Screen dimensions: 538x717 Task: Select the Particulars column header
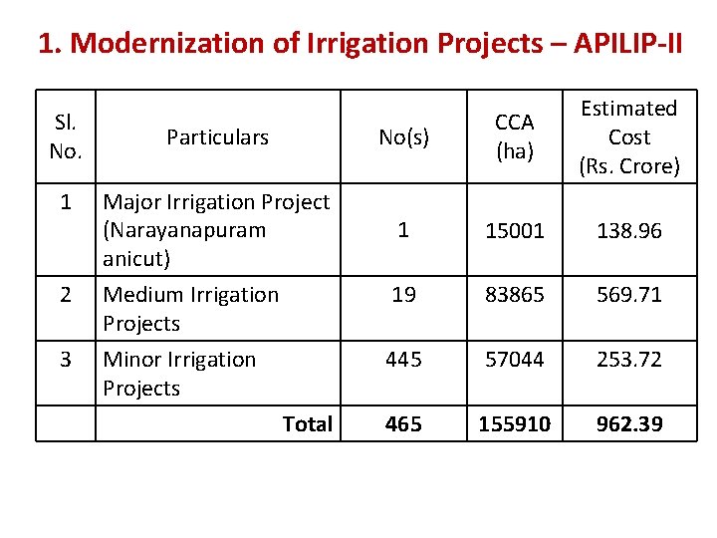pyautogui.click(x=217, y=137)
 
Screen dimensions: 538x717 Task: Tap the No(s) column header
pyautogui.click(x=403, y=137)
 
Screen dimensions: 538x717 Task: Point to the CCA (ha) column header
pyautogui.click(x=515, y=137)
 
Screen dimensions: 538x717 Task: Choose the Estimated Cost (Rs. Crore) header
pyautogui.click(x=629, y=137)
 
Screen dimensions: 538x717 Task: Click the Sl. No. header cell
pyautogui.click(x=66, y=137)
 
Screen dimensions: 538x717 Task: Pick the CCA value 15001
pyautogui.click(x=515, y=231)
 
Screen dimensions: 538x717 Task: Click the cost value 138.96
pyautogui.click(x=629, y=231)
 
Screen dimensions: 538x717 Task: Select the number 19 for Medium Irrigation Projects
pyautogui.click(x=403, y=295)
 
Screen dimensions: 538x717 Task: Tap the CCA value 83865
pyautogui.click(x=515, y=295)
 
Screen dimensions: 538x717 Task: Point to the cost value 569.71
pyautogui.click(x=629, y=295)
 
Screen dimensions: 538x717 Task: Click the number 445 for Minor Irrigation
pyautogui.click(x=403, y=360)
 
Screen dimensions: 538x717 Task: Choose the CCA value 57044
pyautogui.click(x=515, y=360)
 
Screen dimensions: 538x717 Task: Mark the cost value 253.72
pyautogui.click(x=629, y=360)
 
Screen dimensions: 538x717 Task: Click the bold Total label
pyautogui.click(x=307, y=424)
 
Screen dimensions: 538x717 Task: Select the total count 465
pyautogui.click(x=403, y=424)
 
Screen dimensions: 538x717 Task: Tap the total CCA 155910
pyautogui.click(x=515, y=424)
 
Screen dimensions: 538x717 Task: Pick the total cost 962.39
pyautogui.click(x=629, y=424)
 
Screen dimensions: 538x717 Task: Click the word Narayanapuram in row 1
pyautogui.click(x=184, y=231)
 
